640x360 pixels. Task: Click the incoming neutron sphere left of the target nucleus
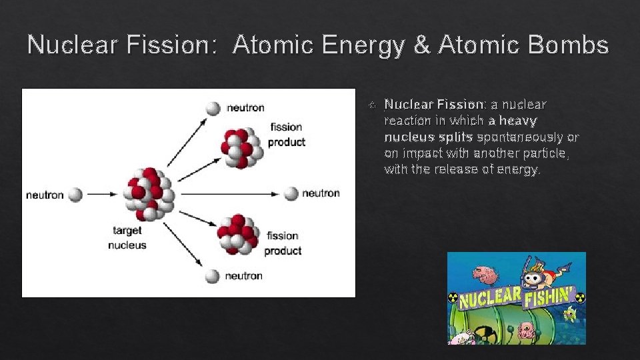(75, 195)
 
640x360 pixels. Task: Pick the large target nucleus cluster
(149, 194)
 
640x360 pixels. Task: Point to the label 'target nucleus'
(127, 237)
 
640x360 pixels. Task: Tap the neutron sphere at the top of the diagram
(213, 108)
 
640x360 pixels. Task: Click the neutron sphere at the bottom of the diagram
(213, 275)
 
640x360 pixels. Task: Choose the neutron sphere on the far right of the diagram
(291, 193)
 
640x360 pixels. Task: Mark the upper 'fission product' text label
(287, 134)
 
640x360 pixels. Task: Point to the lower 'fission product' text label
(283, 243)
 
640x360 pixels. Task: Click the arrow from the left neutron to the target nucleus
(102, 195)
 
